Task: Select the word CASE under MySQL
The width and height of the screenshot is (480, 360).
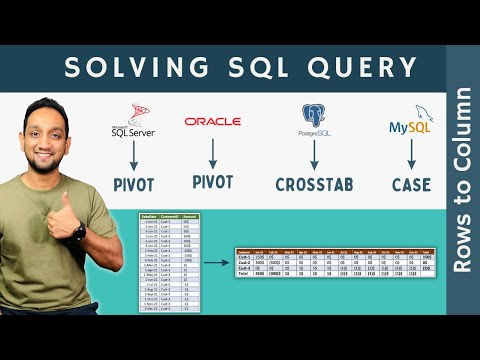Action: click(411, 184)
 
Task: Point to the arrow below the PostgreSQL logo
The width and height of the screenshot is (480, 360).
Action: click(314, 154)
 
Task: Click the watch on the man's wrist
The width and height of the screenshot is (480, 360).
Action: click(78, 231)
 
